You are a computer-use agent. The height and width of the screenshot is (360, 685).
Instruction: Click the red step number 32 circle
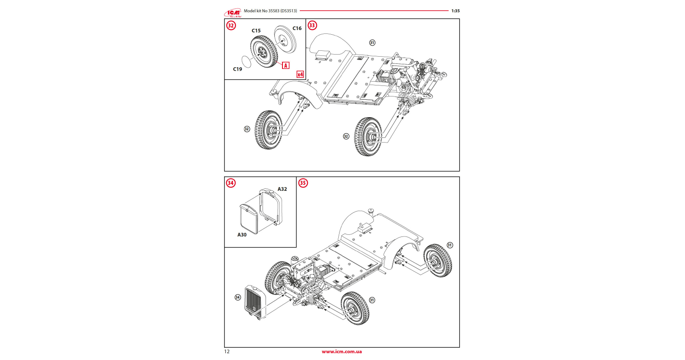click(231, 25)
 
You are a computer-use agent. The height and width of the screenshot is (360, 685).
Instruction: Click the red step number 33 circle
click(312, 25)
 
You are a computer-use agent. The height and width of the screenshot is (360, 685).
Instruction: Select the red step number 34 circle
click(230, 183)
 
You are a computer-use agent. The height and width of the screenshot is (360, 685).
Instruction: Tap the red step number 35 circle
click(303, 183)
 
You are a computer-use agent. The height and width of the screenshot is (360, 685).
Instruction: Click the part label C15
click(256, 31)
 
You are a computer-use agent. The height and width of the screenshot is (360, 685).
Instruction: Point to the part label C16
click(297, 28)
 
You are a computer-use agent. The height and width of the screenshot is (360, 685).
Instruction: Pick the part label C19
click(238, 69)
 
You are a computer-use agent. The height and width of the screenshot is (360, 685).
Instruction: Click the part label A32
click(282, 189)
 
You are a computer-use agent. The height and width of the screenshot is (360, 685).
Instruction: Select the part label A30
click(242, 235)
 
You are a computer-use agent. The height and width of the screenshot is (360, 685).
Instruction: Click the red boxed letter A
click(286, 66)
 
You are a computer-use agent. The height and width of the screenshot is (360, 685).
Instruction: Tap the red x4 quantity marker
click(300, 74)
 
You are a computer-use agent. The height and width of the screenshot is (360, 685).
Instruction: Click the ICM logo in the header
click(233, 12)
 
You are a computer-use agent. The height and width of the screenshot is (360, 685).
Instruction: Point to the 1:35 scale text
click(455, 11)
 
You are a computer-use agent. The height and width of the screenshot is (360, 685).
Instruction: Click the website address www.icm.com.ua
click(342, 352)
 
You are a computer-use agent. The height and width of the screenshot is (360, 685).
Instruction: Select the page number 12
click(227, 352)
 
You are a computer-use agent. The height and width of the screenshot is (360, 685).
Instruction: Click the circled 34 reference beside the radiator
click(238, 297)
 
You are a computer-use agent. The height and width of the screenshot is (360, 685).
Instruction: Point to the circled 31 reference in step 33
click(372, 43)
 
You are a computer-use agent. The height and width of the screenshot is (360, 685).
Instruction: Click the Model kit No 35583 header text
click(270, 11)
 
